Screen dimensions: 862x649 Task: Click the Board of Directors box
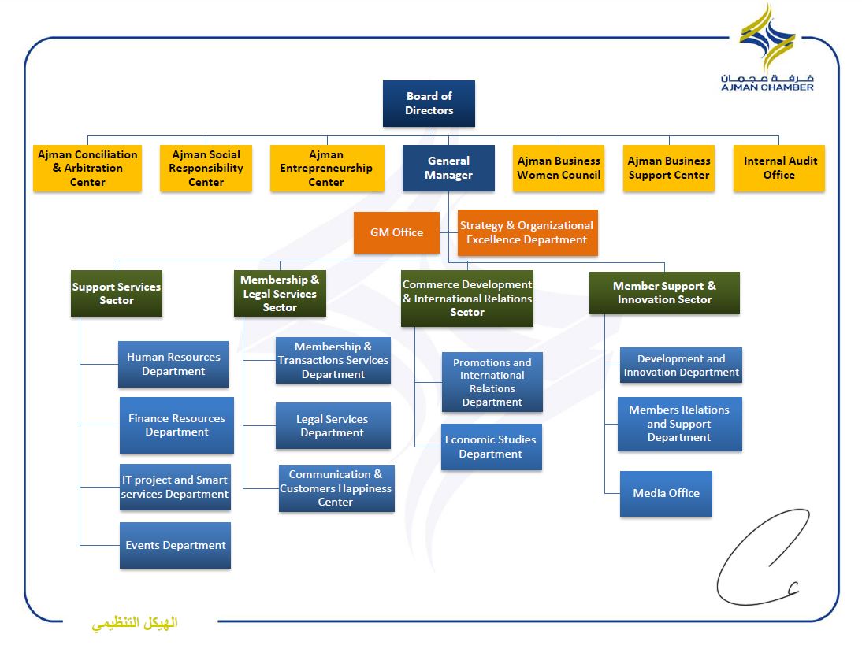(429, 103)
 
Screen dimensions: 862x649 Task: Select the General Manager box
(448, 169)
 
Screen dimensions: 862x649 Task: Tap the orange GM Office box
(396, 232)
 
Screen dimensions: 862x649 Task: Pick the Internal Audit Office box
(779, 169)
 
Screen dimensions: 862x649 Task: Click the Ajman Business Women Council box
(559, 169)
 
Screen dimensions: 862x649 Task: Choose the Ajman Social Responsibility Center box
(206, 169)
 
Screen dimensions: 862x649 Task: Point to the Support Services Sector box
(117, 294)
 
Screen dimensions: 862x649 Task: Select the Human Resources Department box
(173, 365)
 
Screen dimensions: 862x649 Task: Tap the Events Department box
(176, 545)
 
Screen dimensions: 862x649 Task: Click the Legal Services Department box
(333, 426)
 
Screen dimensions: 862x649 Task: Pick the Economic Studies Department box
(492, 447)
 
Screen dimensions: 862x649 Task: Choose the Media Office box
(667, 494)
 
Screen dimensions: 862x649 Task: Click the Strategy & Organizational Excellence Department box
(528, 232)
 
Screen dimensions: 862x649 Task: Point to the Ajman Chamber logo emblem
(767, 37)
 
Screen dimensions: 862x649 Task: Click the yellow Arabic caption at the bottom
(135, 624)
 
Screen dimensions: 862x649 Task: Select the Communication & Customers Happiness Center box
(336, 488)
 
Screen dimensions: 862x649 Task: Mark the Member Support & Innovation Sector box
(665, 293)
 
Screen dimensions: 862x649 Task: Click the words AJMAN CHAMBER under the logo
(767, 87)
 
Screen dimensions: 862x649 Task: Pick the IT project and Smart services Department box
(176, 487)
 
